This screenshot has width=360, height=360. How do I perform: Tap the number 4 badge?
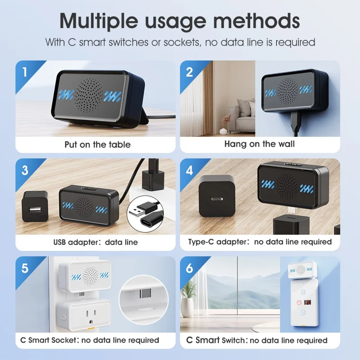click(x=189, y=171)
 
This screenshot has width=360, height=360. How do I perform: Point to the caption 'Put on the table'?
click(x=97, y=144)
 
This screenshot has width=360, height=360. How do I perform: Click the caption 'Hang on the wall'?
click(x=260, y=144)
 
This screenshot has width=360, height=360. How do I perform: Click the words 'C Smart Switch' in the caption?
click(x=216, y=340)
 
